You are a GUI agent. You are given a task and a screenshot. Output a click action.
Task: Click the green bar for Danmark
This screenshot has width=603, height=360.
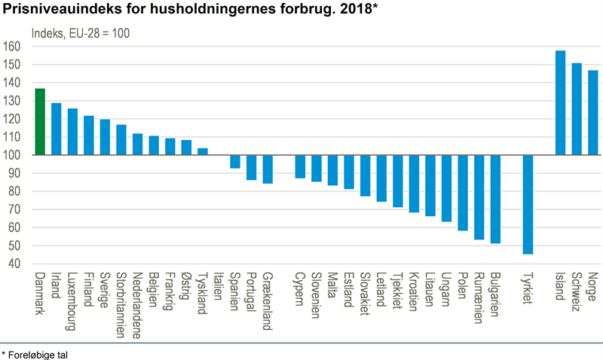pyautogui.click(x=40, y=122)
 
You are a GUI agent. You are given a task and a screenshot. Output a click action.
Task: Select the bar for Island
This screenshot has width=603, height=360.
pyautogui.click(x=560, y=102)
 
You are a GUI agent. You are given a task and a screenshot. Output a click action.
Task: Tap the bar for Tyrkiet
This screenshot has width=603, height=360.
pyautogui.click(x=527, y=204)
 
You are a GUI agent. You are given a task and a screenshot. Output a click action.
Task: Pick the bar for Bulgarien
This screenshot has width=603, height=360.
pyautogui.click(x=494, y=199)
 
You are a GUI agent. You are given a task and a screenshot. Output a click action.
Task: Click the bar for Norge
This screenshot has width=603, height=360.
pyautogui.click(x=592, y=112)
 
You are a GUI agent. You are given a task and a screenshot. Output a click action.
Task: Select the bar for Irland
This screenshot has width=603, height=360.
pyautogui.click(x=57, y=129)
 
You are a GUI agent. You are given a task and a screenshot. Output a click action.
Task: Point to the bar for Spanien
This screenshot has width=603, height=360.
pyautogui.click(x=235, y=161)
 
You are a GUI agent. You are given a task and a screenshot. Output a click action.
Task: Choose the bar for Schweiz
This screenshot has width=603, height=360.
pyautogui.click(x=577, y=108)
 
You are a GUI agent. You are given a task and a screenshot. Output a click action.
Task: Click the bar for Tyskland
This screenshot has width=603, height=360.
pyautogui.click(x=203, y=151)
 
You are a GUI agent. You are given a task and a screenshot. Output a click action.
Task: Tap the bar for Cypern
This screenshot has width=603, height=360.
pyautogui.click(x=300, y=166)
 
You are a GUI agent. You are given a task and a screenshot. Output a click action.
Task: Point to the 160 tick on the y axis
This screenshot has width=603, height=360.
pyautogui.click(x=12, y=47)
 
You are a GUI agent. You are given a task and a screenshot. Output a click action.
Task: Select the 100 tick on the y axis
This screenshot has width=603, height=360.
pyautogui.click(x=12, y=155)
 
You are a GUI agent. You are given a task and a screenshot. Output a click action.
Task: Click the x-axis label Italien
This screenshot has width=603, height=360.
pyautogui.click(x=218, y=288)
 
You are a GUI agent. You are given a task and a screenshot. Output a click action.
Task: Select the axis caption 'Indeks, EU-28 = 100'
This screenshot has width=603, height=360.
pyautogui.click(x=80, y=33)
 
